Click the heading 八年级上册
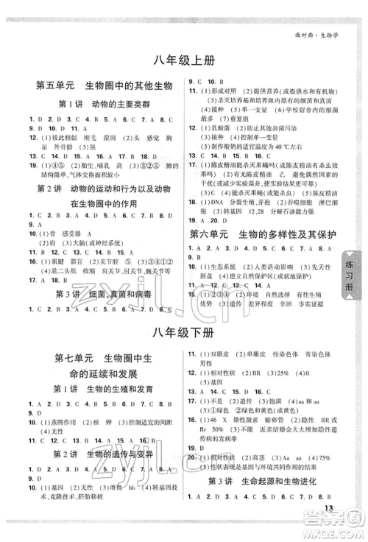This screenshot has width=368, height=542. [183, 61]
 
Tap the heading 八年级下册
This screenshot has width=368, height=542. [183, 331]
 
